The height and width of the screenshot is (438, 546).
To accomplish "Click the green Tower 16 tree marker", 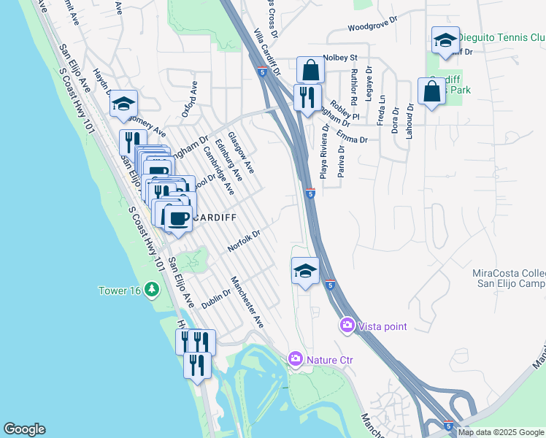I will click(151, 290).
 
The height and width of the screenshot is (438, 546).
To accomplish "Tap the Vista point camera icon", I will click(347, 326).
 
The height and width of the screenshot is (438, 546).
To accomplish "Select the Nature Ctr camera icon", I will click(296, 358).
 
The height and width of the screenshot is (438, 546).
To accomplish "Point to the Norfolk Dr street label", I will click(244, 238).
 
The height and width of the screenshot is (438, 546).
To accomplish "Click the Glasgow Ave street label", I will click(240, 153).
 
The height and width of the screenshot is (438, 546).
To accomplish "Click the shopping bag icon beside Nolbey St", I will click(310, 71).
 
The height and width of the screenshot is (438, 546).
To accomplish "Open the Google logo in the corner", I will click(24, 429).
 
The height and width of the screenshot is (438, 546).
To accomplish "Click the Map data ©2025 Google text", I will click(501, 432).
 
